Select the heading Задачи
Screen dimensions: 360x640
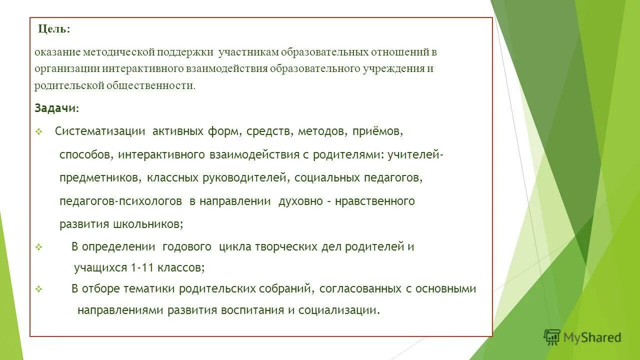[x=55, y=108]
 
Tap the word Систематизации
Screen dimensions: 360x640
[x=100, y=131]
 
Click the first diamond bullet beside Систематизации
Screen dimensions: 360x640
[x=38, y=132]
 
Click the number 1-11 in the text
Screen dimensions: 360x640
[x=142, y=267]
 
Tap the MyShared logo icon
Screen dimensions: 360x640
[x=552, y=337]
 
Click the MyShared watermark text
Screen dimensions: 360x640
[x=592, y=338]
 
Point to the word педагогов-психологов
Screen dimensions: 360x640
[x=120, y=201]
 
